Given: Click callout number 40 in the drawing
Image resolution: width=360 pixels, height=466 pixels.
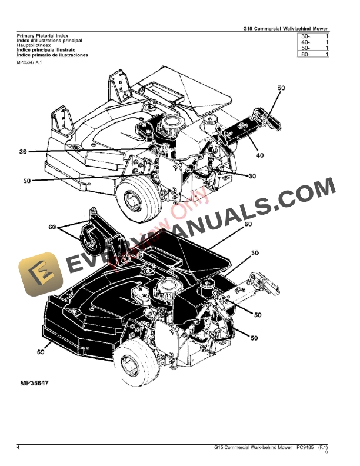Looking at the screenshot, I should coord(259,156).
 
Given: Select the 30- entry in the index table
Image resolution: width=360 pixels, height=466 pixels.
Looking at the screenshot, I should coord(305,36).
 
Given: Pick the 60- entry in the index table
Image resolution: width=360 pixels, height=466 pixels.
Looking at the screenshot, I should coord(305,55).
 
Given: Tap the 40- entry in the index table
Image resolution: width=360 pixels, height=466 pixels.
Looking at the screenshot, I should coord(305,42).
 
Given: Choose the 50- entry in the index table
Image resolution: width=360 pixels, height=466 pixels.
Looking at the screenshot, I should coord(305,49).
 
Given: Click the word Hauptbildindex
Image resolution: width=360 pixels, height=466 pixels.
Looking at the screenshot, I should coord(34,45).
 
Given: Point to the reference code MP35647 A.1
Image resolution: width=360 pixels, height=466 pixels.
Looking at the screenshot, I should coord(31,62).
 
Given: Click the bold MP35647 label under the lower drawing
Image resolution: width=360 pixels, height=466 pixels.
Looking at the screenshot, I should coord(34,383).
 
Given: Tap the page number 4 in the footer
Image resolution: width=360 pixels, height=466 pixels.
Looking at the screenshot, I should coord(18,449).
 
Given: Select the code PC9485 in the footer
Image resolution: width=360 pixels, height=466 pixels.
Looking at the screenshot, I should coord(305,449).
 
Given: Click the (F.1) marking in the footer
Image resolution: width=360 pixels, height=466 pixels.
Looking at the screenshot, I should coord(323,449).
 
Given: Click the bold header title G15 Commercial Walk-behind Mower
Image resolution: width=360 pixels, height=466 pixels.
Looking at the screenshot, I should coord(286,28).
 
